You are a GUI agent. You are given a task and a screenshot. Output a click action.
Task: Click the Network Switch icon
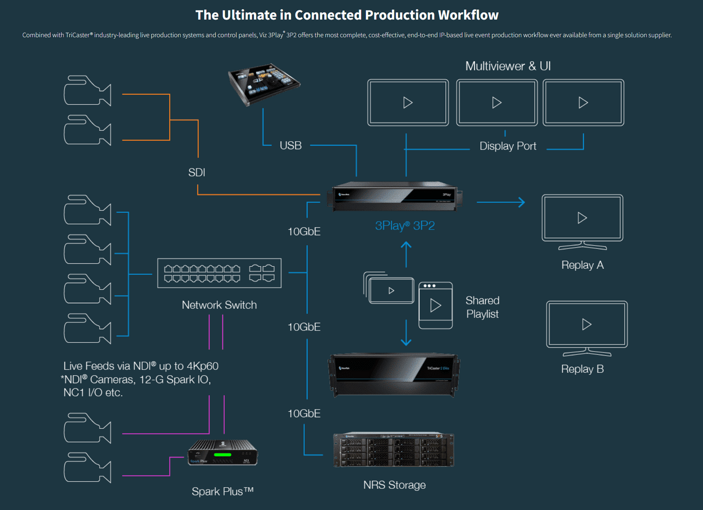[x=219, y=273]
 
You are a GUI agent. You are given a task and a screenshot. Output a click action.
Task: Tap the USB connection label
[x=290, y=146]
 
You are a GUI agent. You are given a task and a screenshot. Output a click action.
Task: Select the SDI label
[x=197, y=172]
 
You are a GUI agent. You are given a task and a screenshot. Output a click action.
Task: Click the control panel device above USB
[x=264, y=84]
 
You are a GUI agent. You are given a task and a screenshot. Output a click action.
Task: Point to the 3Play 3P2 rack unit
[x=394, y=197]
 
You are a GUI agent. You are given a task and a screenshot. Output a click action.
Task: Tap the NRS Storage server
[x=394, y=450]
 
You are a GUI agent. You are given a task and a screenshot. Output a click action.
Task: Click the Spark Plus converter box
[x=223, y=453]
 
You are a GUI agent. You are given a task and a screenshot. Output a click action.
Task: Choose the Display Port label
[x=507, y=146]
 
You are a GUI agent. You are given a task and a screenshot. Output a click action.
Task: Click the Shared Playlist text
[x=482, y=307]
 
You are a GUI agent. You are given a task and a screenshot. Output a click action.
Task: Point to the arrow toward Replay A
[x=501, y=202]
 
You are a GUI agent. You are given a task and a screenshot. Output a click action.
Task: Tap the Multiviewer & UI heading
[x=507, y=66]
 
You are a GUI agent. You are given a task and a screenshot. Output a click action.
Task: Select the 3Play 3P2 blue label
[x=405, y=225]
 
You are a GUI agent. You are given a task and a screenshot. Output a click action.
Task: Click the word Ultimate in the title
[x=249, y=15]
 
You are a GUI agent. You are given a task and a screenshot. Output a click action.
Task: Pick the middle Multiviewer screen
[x=497, y=103]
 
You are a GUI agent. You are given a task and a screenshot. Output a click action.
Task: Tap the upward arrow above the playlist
[x=406, y=254]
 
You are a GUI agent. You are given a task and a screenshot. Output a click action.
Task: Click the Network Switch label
[x=219, y=305]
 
